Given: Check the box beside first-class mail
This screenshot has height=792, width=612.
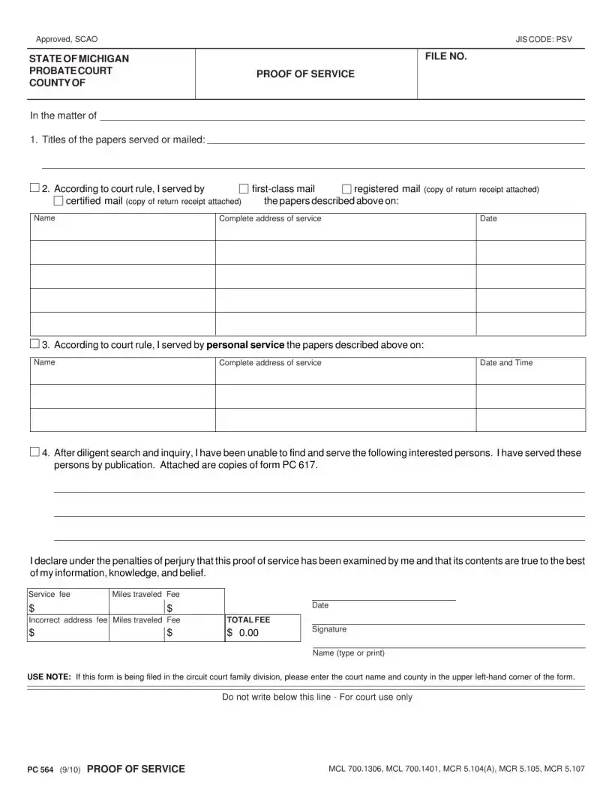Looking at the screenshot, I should [243, 189].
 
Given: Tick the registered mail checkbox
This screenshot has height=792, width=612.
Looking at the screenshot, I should [346, 189].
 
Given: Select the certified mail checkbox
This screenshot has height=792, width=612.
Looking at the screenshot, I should [58, 201].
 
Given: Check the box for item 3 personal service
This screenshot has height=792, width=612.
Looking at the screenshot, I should [34, 344].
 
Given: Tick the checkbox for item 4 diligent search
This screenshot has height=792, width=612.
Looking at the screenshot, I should [34, 452].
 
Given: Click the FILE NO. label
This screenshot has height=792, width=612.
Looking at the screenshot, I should [446, 56].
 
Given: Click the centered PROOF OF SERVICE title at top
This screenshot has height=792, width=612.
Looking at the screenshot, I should [305, 74].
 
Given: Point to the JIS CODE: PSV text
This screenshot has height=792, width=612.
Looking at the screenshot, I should [544, 39].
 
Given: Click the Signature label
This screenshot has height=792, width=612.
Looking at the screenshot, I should [329, 629].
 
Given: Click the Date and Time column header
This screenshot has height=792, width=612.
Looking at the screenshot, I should [506, 363].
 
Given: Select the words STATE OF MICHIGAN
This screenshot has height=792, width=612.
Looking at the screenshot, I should [79, 58].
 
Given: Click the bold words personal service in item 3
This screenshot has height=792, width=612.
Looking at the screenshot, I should [245, 345].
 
